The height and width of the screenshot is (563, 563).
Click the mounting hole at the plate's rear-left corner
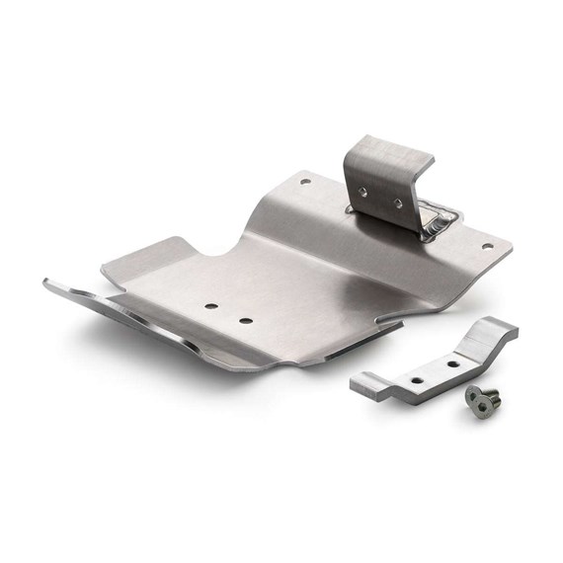coord(305,181)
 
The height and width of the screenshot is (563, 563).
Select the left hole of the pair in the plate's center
coord(211,306)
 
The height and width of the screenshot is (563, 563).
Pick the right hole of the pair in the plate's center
coord(244,319)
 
